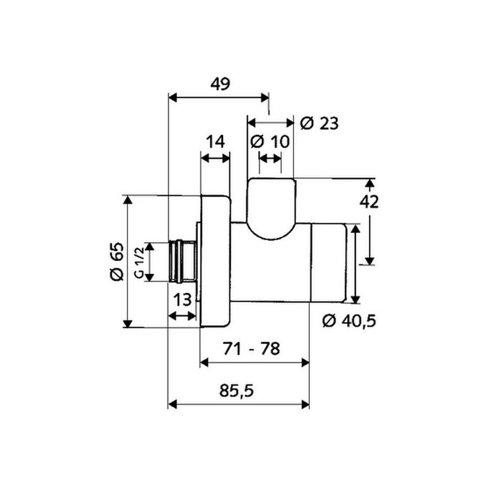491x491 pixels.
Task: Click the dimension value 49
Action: click(x=219, y=84)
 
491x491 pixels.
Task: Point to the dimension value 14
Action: click(x=215, y=141)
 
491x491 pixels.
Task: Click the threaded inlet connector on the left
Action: click(x=183, y=261)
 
